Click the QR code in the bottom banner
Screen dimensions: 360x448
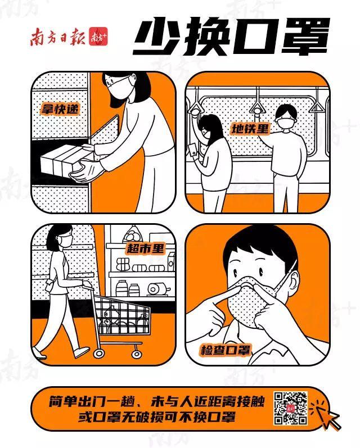point(291,408)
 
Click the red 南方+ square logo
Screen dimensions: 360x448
point(98,37)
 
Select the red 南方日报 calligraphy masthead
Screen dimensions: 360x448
point(58,37)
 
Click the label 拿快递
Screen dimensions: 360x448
point(60,108)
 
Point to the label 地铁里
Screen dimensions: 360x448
point(250,128)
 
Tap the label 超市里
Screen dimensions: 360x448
point(146,248)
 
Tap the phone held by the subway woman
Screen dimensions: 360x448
point(193,150)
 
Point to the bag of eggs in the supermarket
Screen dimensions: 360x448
point(133,235)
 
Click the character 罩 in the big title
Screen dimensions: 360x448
point(305,37)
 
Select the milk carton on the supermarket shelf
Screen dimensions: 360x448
point(171,262)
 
